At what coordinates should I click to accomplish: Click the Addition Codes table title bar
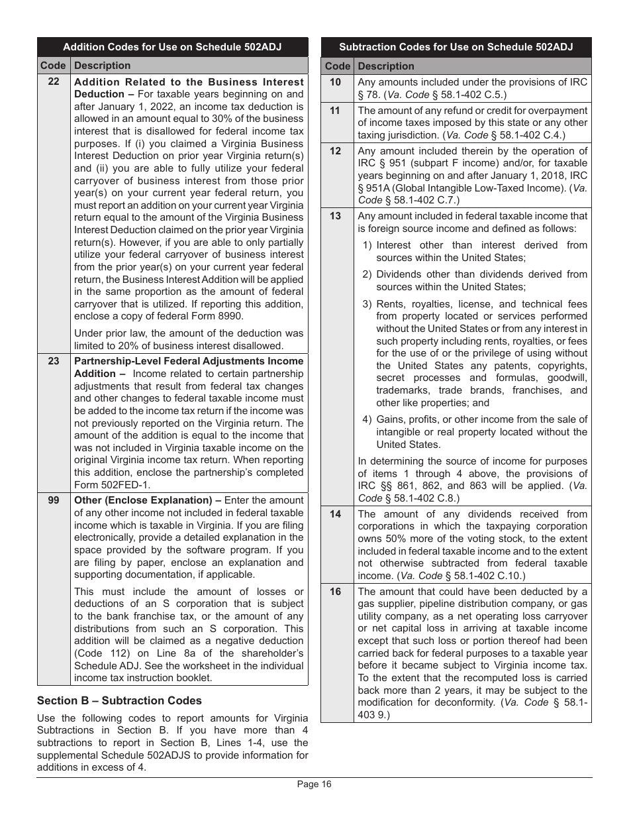pos(172,47)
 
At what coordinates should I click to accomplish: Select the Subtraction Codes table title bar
pos(456,47)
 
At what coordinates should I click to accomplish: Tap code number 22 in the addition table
pos(54,81)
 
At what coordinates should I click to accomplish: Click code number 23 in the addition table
pos(54,361)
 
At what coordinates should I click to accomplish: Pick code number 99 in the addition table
pos(54,500)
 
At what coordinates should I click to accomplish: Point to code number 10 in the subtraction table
pos(336,82)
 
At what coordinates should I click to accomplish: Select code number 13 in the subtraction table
pos(336,216)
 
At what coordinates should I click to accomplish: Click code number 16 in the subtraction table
pos(336,592)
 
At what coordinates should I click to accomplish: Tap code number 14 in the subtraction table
pos(336,514)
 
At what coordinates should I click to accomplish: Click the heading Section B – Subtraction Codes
pos(119,700)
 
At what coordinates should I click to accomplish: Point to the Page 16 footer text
pos(314,785)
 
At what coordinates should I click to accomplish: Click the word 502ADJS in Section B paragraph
pos(202,743)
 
